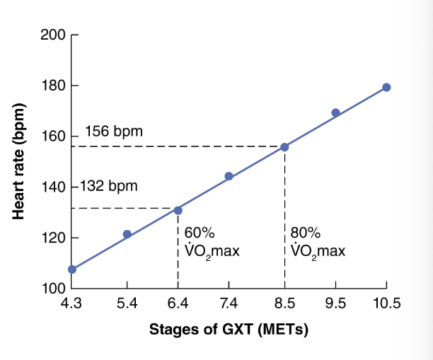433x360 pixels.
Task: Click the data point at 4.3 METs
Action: [71, 269]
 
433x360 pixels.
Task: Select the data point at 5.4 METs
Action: [127, 234]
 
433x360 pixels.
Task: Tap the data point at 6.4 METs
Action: [178, 210]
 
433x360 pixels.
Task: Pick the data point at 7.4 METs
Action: [229, 176]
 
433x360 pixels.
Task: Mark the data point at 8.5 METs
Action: [284, 147]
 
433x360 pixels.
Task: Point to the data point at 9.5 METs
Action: [335, 112]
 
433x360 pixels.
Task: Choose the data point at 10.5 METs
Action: [386, 87]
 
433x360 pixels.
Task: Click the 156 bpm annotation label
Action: [114, 132]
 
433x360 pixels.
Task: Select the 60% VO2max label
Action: [207, 243]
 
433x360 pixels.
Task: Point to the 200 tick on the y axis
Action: [52, 35]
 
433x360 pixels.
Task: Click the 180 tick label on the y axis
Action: [52, 86]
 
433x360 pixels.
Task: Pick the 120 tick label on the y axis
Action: [52, 238]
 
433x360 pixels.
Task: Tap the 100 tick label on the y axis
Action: [52, 289]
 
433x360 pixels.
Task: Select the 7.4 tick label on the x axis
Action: [229, 305]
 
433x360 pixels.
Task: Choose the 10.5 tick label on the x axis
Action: [386, 305]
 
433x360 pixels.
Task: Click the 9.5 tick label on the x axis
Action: [335, 305]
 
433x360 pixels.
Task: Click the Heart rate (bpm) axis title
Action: [18, 161]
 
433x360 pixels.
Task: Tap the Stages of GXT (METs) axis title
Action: [229, 330]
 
